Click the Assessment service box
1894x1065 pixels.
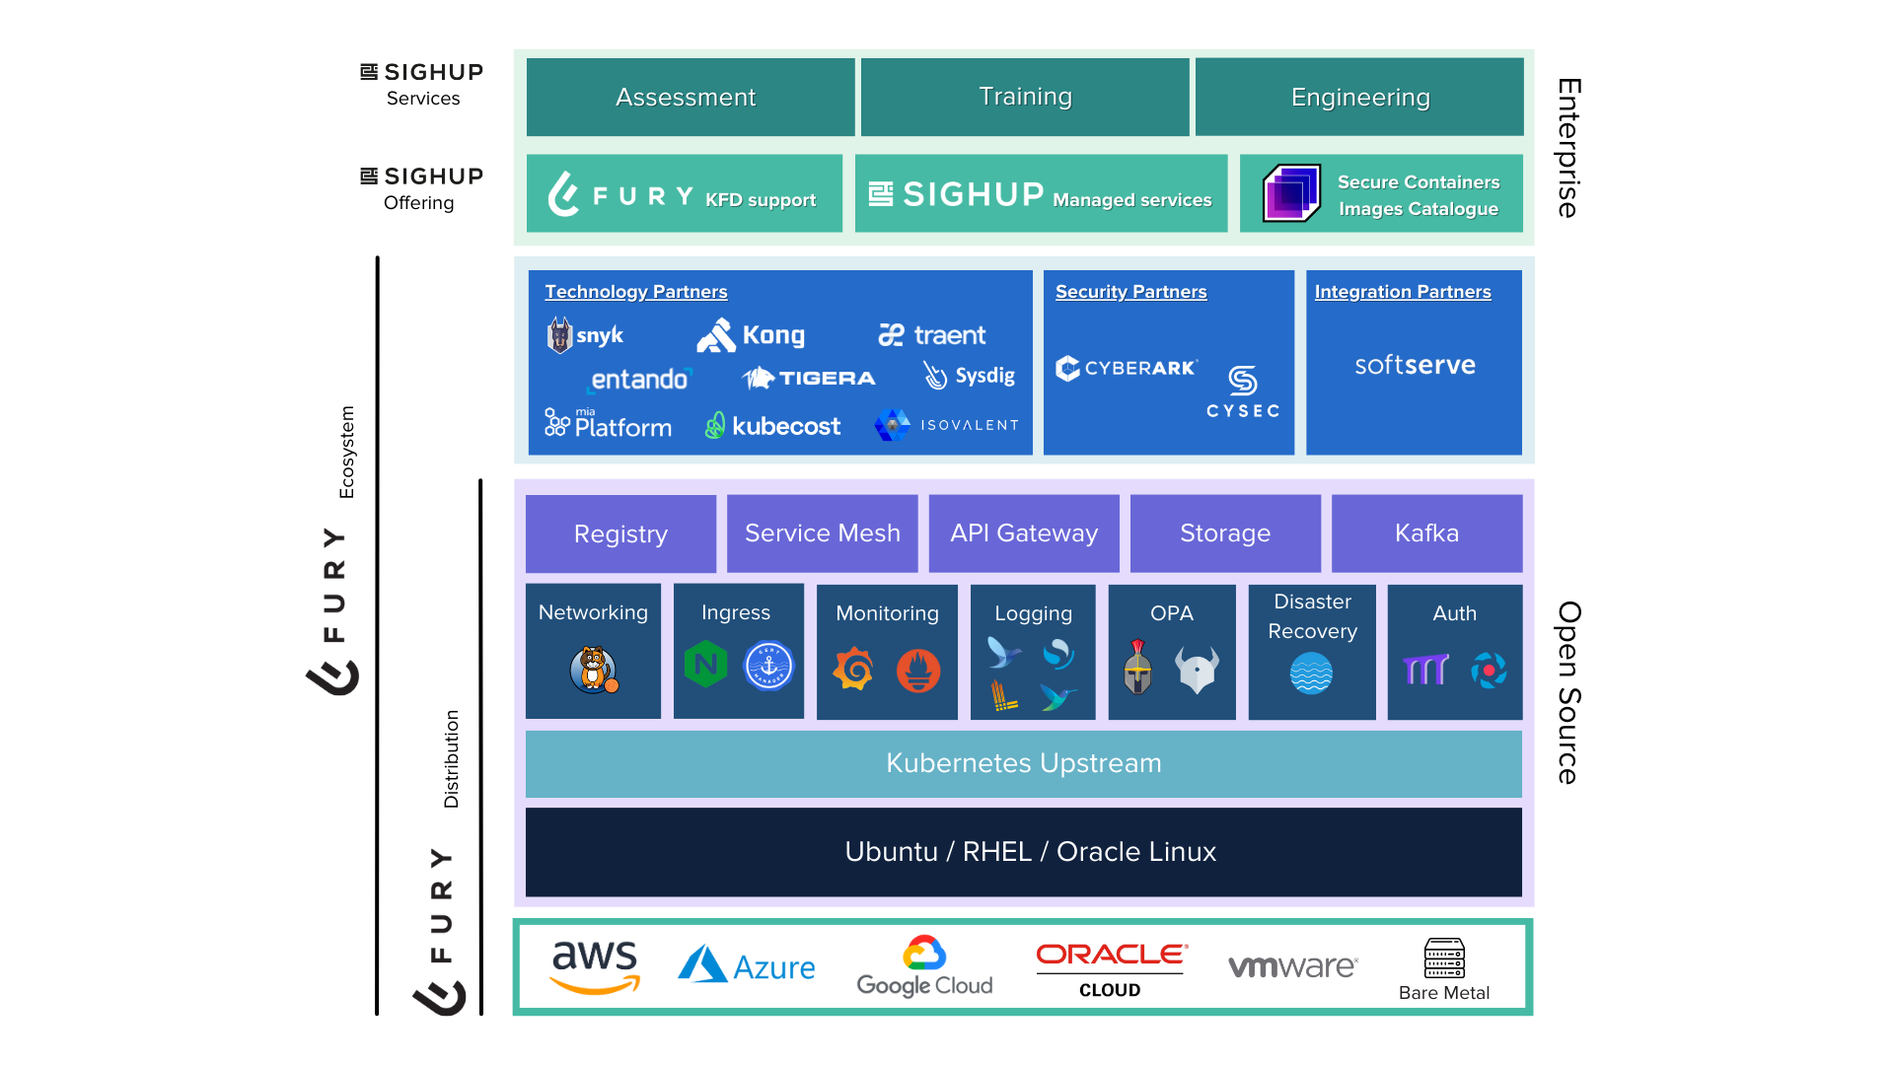click(691, 97)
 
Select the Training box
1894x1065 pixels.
click(1025, 97)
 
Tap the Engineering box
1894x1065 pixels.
click(1359, 97)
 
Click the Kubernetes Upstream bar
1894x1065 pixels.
click(1024, 763)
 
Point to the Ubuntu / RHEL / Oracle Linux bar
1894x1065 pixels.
click(1024, 852)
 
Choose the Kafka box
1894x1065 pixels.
click(1426, 533)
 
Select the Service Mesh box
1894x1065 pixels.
click(822, 533)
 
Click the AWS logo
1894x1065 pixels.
click(595, 967)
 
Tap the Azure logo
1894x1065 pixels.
click(747, 965)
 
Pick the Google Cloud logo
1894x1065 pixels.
click(924, 966)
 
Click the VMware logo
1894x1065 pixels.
click(1292, 966)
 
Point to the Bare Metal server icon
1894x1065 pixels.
click(1444, 958)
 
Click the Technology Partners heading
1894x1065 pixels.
click(636, 292)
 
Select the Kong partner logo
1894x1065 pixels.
click(751, 335)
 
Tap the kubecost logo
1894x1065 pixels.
click(772, 426)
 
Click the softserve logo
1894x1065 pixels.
click(1415, 365)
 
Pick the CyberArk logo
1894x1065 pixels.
click(1127, 368)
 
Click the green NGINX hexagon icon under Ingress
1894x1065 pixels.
click(705, 665)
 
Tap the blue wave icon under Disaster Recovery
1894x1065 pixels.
click(1311, 674)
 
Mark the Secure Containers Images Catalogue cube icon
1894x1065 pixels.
click(1292, 193)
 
